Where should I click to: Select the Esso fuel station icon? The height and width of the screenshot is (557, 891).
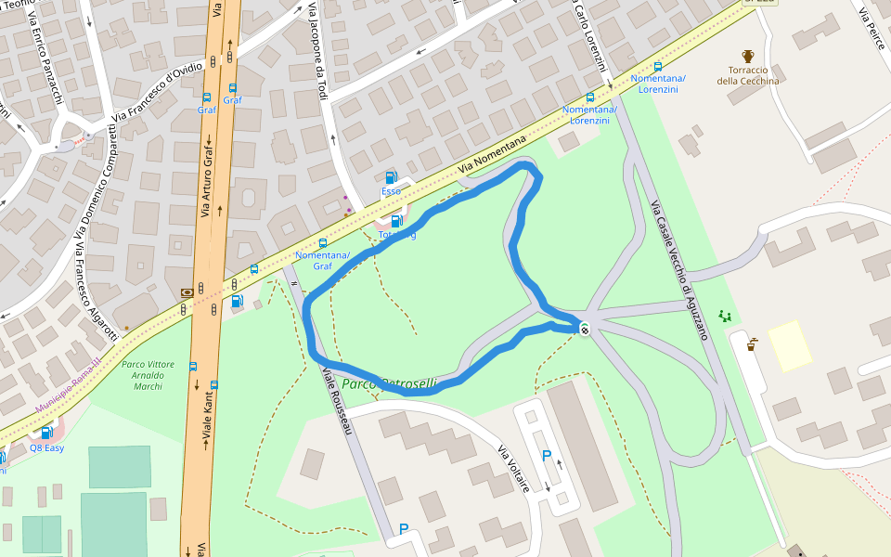click(x=391, y=177)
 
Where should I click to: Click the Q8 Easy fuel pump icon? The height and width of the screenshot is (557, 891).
click(x=45, y=433)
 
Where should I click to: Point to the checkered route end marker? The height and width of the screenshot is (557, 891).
click(x=585, y=328)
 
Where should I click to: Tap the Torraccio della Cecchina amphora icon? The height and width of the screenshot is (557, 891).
click(x=748, y=56)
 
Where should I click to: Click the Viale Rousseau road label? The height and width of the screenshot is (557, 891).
click(x=338, y=400)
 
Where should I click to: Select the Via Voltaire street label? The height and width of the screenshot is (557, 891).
click(x=513, y=469)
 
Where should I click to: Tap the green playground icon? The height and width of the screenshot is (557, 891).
click(x=725, y=317)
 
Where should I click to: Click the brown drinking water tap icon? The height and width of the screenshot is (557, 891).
click(x=752, y=343)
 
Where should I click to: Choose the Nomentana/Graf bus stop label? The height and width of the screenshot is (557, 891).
click(x=322, y=260)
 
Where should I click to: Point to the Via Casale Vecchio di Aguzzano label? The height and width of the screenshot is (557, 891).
click(x=678, y=269)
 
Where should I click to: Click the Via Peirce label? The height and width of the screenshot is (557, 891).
click(x=872, y=28)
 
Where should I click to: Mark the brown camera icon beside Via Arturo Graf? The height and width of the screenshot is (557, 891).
click(x=188, y=291)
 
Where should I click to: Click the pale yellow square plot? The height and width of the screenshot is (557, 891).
click(x=790, y=345)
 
